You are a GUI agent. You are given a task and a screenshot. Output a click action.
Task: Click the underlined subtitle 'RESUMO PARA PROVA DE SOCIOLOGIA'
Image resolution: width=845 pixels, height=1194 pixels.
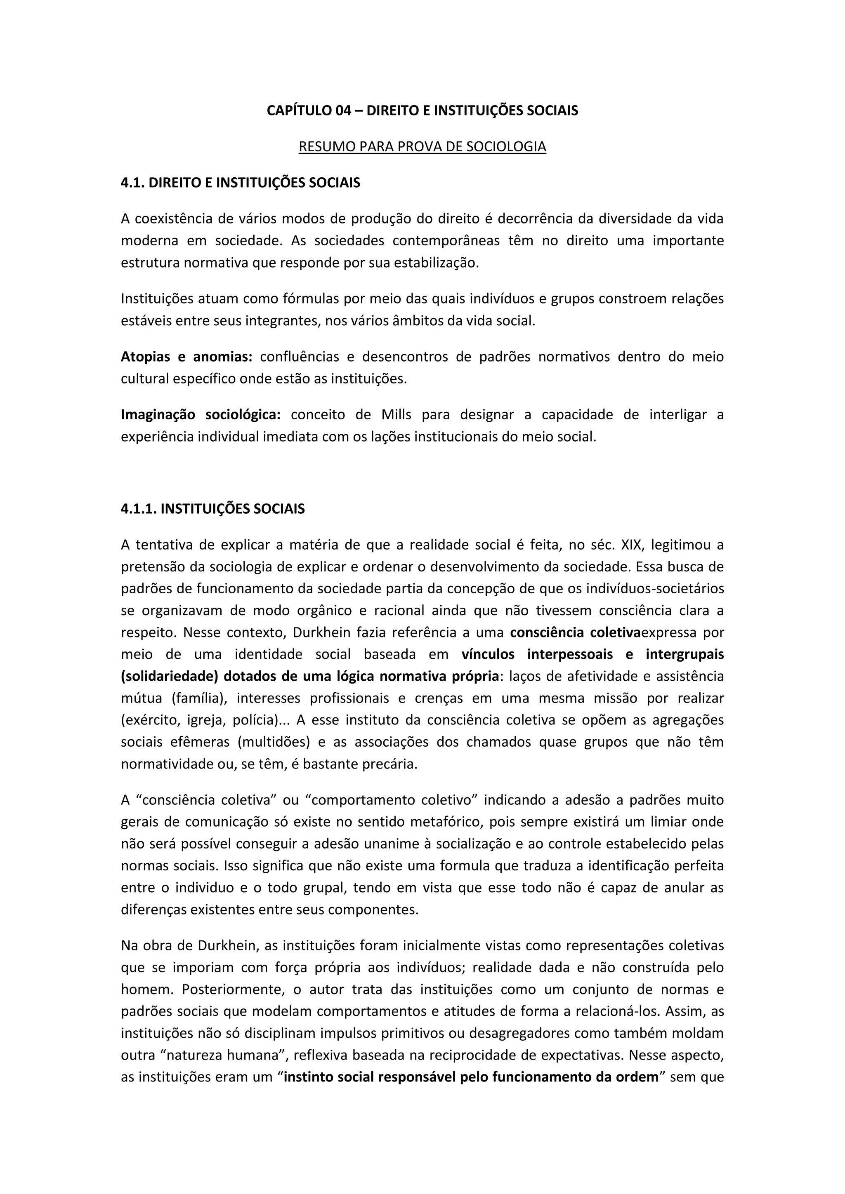point(422,147)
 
